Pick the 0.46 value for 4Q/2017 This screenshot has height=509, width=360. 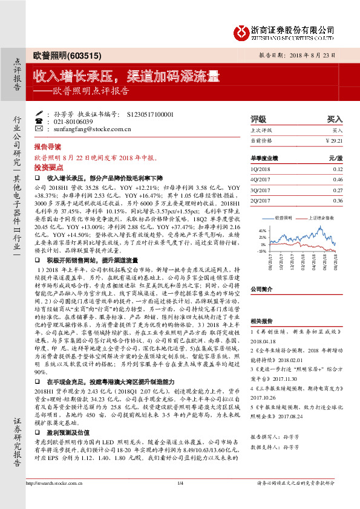tap(338, 180)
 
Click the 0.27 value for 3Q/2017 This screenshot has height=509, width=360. tap(338, 190)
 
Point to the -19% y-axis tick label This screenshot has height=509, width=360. tap(261, 250)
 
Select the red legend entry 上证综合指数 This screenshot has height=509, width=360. tap(319, 217)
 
